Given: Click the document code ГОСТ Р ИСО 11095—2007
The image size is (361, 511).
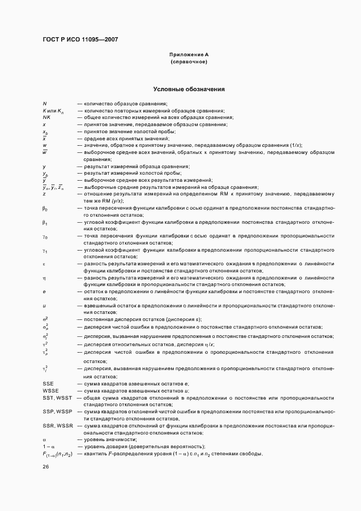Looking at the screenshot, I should pos(80,40).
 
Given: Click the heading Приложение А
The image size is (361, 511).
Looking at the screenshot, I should pos(189,55).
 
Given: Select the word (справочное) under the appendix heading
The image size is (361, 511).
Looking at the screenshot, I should pos(189,62).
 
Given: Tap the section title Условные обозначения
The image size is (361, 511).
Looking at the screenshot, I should pos(189,89).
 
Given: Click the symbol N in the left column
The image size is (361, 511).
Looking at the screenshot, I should pos(44,104).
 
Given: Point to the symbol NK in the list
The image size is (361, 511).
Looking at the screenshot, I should pos(46,117).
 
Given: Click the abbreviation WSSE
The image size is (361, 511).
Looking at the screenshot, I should pos(50,391).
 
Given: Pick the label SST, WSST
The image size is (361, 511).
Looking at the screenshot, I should pos(57,398).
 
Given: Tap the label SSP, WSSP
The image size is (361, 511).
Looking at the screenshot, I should pos(57,412).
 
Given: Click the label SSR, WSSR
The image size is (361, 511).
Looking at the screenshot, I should pos(57,425).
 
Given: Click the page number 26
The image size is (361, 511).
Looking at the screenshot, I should pos(46,467).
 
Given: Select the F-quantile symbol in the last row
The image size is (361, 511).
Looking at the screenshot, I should pos(57,454).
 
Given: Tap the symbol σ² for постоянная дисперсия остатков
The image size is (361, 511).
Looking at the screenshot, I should pos(45,319).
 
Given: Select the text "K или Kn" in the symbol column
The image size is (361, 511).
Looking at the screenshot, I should pos(54,111).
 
